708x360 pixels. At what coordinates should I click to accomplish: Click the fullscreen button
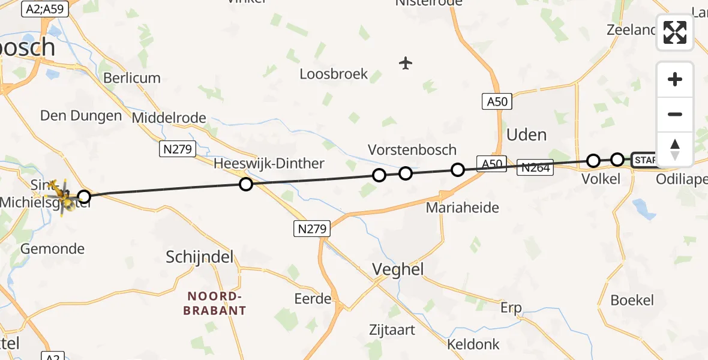(675, 32)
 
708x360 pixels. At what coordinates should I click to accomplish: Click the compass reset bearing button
(675, 149)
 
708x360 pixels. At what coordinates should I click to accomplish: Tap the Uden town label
(526, 135)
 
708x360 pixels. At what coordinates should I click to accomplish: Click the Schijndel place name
(199, 258)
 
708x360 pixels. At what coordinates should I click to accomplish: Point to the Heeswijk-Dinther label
(269, 164)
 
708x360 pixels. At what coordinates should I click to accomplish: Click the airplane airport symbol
(406, 62)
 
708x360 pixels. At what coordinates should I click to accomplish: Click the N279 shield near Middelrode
(178, 149)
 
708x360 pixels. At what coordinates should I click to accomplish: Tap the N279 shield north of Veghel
(311, 228)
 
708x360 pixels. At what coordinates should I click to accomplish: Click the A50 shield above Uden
(497, 102)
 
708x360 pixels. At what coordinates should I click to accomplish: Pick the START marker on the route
(644, 160)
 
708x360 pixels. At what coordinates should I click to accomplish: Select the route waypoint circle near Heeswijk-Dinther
(245, 184)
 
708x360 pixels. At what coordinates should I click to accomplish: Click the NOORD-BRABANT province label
(216, 303)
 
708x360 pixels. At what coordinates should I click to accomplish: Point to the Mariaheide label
(462, 208)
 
